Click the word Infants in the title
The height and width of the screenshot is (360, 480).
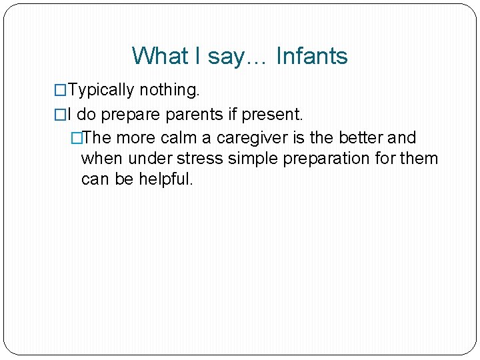[x=311, y=56]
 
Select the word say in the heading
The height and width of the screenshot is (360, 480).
[x=227, y=56]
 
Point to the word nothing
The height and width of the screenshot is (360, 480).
[x=165, y=90]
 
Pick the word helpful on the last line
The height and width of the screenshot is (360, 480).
[x=165, y=179]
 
